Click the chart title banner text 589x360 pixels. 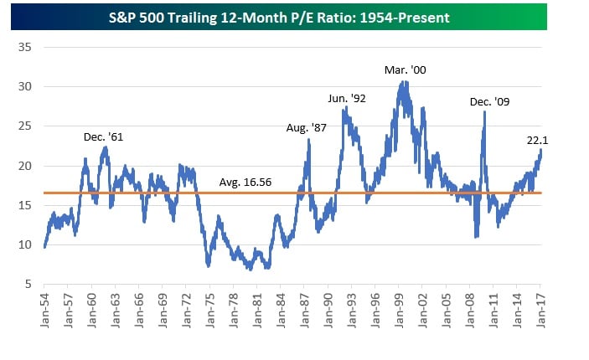point(294,16)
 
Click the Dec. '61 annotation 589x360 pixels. point(104,136)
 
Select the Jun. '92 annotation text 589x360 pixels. point(347,99)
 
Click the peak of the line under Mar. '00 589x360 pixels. point(404,82)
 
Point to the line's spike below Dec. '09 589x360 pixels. point(484,112)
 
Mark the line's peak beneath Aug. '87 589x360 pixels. point(309,140)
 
